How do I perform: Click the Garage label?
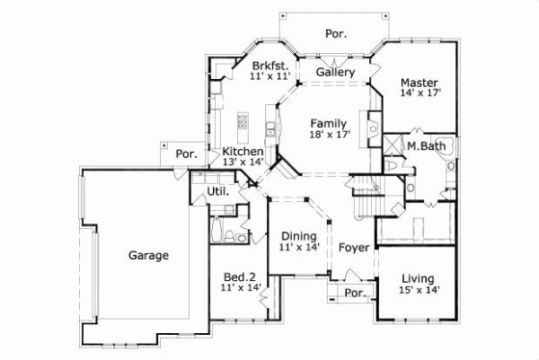[x=148, y=256]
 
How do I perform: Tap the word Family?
[x=330, y=123]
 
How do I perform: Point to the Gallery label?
[x=336, y=72]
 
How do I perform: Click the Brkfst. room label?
[x=269, y=66]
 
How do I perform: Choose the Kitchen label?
[x=243, y=152]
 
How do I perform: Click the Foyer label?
[x=354, y=247]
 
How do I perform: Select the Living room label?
[x=420, y=279]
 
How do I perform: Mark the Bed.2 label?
[x=240, y=277]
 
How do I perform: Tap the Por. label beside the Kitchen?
[x=187, y=154]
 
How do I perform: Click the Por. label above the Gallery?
[x=336, y=34]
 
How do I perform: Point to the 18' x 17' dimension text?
[x=330, y=135]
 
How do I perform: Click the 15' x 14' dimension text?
[x=420, y=291]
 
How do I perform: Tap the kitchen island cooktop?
[x=241, y=121]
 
